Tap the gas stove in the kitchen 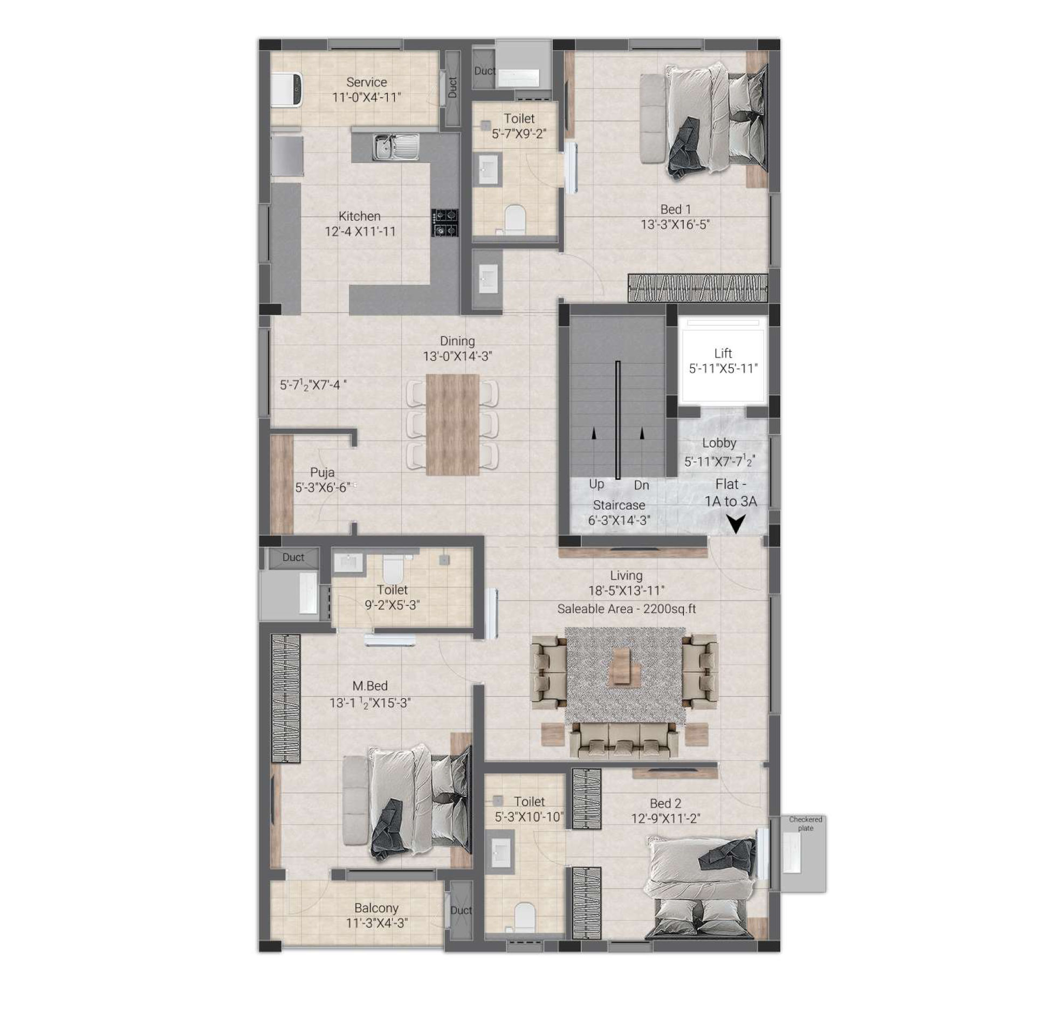pos(444,223)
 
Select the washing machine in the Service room pos(286,91)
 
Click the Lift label pos(723,353)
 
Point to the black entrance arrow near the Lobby pos(736,523)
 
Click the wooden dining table pos(452,425)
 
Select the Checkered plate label pos(806,823)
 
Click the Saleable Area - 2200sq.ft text pos(627,609)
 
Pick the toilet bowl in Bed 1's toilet pos(514,218)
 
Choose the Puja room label pos(322,472)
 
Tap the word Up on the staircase pos(596,484)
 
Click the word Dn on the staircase pos(641,485)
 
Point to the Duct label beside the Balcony pos(461,910)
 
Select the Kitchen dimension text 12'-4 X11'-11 pos(360,231)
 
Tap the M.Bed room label pos(370,686)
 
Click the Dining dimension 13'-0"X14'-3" pos(458,356)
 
